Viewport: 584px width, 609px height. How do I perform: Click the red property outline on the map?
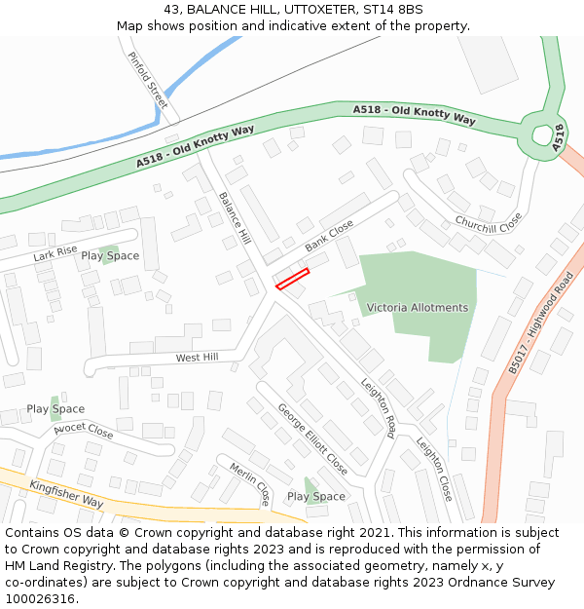tap(292, 279)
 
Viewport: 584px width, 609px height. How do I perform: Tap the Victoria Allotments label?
tap(417, 308)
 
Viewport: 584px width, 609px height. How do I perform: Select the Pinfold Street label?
tap(148, 80)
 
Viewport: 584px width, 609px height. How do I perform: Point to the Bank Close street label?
tap(329, 235)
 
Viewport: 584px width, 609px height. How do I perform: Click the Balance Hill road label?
tap(235, 217)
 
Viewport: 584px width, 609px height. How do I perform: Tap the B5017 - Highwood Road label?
tap(541, 323)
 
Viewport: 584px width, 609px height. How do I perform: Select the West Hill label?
tap(197, 358)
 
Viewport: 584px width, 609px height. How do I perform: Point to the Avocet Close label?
tap(84, 429)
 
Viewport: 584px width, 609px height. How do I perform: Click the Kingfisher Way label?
tap(66, 494)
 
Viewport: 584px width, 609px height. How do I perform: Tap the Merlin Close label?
tap(250, 483)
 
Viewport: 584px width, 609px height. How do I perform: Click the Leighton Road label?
tap(378, 407)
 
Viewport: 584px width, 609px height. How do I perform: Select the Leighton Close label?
tap(434, 468)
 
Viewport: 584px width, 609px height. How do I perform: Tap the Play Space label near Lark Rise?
tap(110, 256)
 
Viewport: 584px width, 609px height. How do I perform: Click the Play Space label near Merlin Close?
tap(316, 497)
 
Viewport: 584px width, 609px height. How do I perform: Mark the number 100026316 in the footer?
tap(41, 598)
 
